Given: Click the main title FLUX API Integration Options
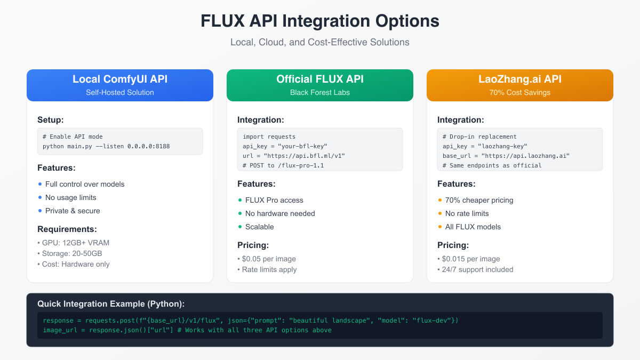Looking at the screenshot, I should coord(320,21).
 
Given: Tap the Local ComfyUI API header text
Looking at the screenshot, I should coord(120,79).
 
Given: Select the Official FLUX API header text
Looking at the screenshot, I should coord(320,79).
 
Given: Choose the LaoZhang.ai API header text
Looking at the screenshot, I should coord(519,79).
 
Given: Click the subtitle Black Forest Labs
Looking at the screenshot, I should coord(320,92).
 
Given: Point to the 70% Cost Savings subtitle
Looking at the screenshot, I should coord(519,92).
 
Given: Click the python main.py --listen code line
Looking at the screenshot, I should coord(106,146).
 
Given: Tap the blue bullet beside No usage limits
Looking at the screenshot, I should coord(40,197).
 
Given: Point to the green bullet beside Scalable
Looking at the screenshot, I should coord(240,227).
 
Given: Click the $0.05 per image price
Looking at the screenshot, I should coord(269,259).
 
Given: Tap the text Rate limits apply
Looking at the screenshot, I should coord(269,269).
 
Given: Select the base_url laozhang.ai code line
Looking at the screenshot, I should coord(506,156).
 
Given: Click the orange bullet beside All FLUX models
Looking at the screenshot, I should coord(440,227).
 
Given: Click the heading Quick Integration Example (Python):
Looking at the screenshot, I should coord(111,304).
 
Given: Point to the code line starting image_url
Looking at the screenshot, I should coord(187,330).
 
